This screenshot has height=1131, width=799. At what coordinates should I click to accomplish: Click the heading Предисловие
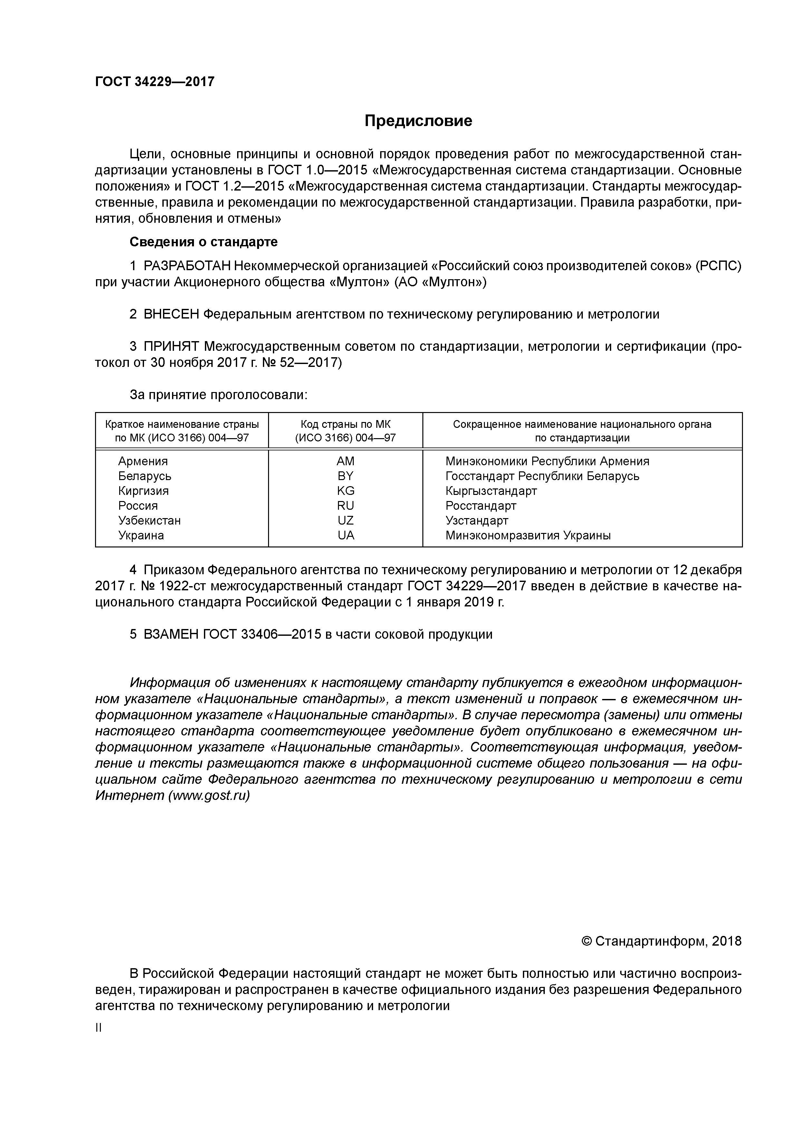click(x=418, y=121)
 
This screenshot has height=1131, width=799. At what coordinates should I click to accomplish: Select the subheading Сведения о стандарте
click(x=203, y=242)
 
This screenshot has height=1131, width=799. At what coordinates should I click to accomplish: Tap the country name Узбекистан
click(x=149, y=520)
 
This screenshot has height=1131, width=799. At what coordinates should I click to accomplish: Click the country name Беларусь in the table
click(x=145, y=476)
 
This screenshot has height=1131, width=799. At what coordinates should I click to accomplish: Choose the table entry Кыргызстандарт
click(x=491, y=491)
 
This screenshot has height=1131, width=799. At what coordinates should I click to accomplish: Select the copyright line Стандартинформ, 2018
click(x=661, y=941)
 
